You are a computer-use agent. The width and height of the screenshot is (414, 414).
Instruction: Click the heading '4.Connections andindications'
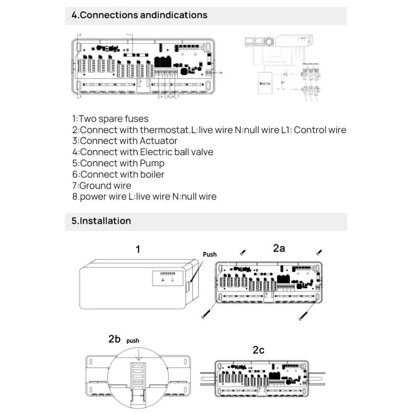(x=139, y=15)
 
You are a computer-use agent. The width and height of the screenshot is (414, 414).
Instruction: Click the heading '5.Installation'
(x=101, y=221)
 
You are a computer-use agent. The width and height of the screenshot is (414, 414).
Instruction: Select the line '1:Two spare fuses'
(x=110, y=119)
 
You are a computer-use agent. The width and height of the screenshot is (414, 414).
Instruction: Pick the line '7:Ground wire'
(x=102, y=186)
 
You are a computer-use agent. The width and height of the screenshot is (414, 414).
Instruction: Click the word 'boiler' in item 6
(x=152, y=175)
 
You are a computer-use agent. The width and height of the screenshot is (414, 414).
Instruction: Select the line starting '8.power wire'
(x=144, y=196)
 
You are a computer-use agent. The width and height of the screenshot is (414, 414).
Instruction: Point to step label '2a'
(x=279, y=248)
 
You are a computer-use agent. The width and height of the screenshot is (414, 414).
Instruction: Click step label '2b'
(x=114, y=339)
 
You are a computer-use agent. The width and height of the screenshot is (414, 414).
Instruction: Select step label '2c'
(x=258, y=350)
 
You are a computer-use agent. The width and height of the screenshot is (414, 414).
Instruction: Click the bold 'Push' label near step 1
(x=210, y=254)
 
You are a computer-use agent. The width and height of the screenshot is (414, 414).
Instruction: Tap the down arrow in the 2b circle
(x=139, y=354)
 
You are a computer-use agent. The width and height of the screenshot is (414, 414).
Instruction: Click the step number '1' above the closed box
(x=138, y=249)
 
